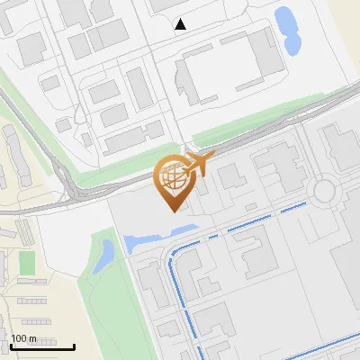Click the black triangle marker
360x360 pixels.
[181, 24]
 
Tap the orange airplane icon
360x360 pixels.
[196, 165]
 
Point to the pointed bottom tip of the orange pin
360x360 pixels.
[171, 211]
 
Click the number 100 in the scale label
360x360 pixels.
[20, 339]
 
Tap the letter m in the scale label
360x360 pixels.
[33, 339]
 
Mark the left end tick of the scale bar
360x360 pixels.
[10, 346]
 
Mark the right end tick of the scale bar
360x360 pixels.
[74, 346]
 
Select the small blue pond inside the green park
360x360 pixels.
[105, 253]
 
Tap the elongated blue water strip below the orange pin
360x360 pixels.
[148, 240]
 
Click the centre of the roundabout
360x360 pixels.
[323, 191]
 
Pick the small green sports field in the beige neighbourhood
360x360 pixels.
[27, 262]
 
